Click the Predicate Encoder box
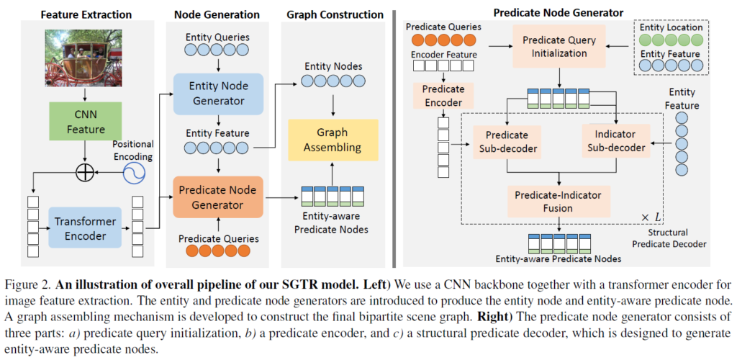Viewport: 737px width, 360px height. pyautogui.click(x=443, y=95)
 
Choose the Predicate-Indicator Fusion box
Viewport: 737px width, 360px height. pyautogui.click(x=558, y=202)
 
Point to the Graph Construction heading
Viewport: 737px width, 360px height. pyautogui.click(x=334, y=13)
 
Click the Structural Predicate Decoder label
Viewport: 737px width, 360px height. pyautogui.click(x=669, y=238)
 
